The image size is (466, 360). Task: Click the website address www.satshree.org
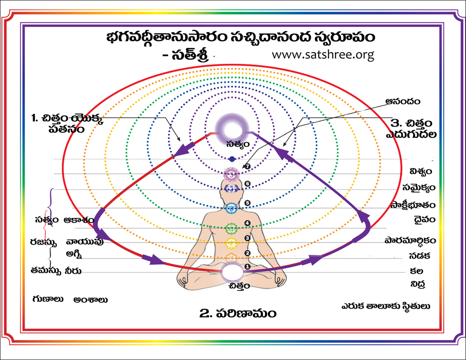pyautogui.click(x=323, y=54)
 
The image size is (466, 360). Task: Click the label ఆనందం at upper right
pyautogui.click(x=403, y=100)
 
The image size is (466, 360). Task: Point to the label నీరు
pyautogui.click(x=74, y=271)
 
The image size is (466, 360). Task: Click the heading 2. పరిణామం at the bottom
pyautogui.click(x=238, y=313)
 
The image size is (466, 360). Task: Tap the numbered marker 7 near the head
pyautogui.click(x=248, y=167)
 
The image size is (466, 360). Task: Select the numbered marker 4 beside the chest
pyautogui.click(x=248, y=224)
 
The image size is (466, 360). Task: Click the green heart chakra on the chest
pyautogui.click(x=232, y=228)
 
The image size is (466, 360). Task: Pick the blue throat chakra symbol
pyautogui.click(x=232, y=208)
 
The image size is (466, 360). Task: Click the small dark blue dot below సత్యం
pyautogui.click(x=232, y=159)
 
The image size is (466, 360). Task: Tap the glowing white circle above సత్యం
pyautogui.click(x=232, y=127)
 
